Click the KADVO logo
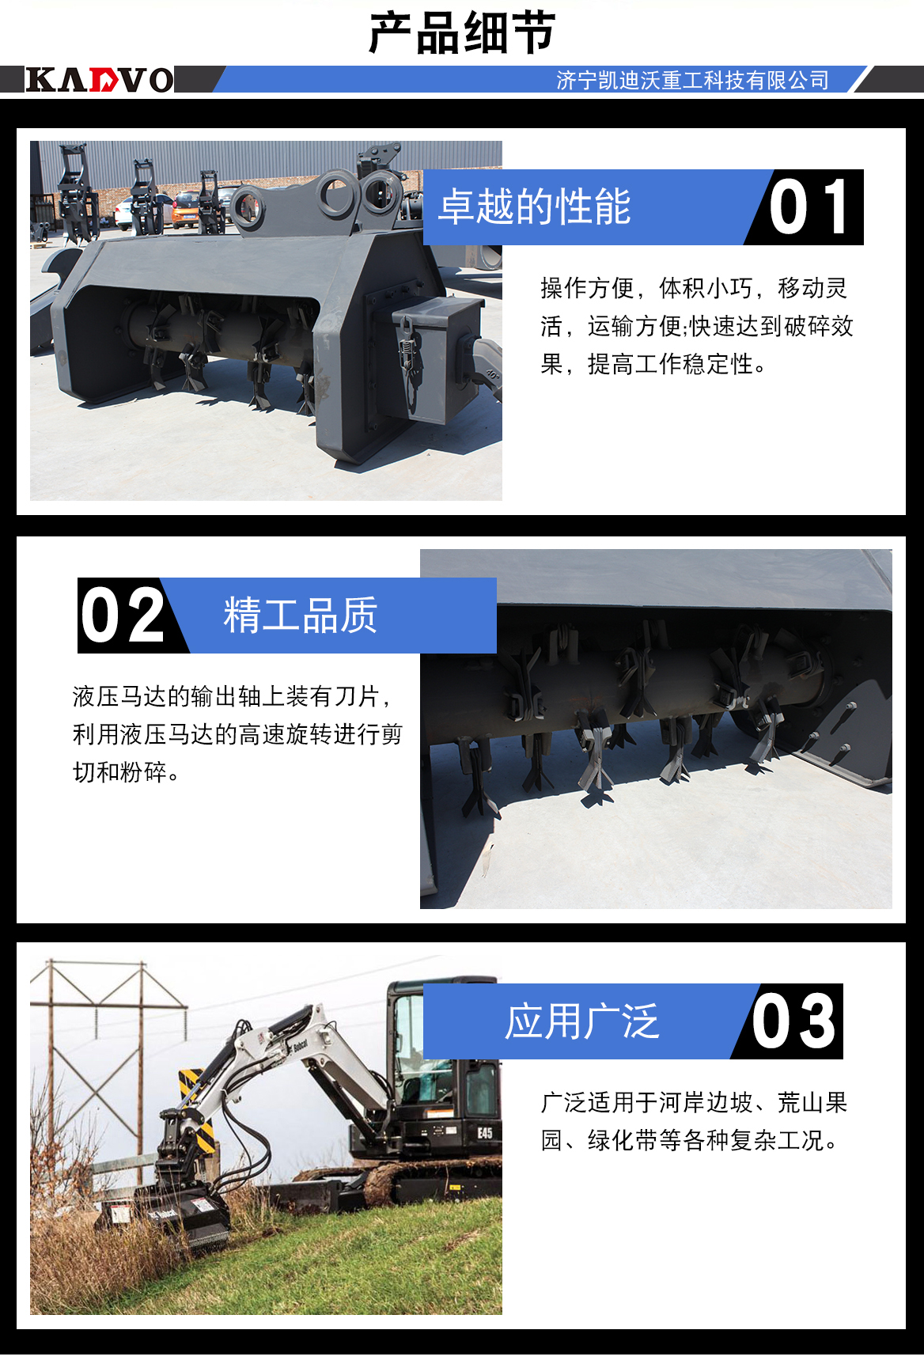(100, 80)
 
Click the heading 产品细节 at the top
(462, 33)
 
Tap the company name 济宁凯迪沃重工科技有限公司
(692, 80)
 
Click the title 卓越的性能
(535, 207)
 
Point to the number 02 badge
(123, 616)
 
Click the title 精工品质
(301, 616)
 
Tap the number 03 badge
(793, 1021)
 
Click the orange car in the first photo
(184, 210)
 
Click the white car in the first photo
(127, 212)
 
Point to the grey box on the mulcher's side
(437, 356)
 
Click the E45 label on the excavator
(485, 1133)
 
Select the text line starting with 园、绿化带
(688, 1140)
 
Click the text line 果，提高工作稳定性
(653, 364)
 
